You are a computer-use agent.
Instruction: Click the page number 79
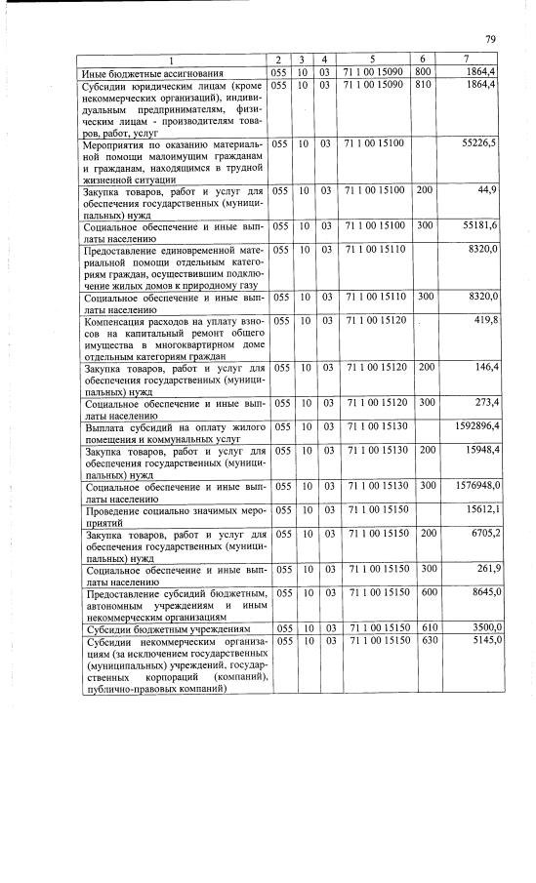click(489, 39)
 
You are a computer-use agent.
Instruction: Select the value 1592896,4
click(472, 425)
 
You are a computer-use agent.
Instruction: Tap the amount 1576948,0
click(472, 485)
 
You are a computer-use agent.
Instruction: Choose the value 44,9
click(487, 188)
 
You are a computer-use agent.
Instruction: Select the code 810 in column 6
click(423, 86)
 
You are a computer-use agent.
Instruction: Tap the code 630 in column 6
click(423, 640)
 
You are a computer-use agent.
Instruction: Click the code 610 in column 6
click(423, 626)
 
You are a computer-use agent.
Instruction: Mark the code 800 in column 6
click(423, 73)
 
